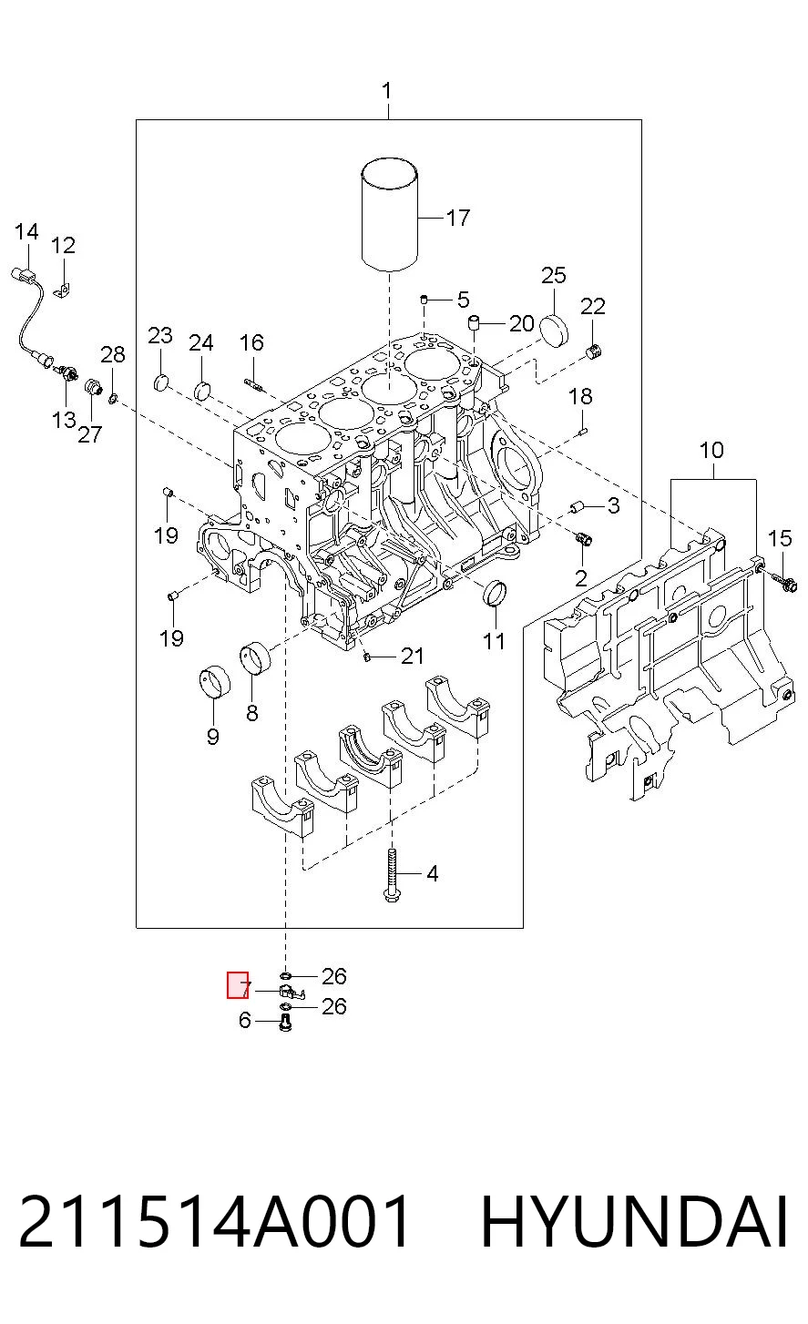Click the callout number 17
click(x=458, y=219)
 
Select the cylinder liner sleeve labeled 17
click(x=390, y=214)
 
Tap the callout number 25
click(x=554, y=275)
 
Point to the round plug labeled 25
click(x=554, y=330)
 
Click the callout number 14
click(x=26, y=231)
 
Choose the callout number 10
click(x=711, y=451)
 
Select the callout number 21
click(x=413, y=656)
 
